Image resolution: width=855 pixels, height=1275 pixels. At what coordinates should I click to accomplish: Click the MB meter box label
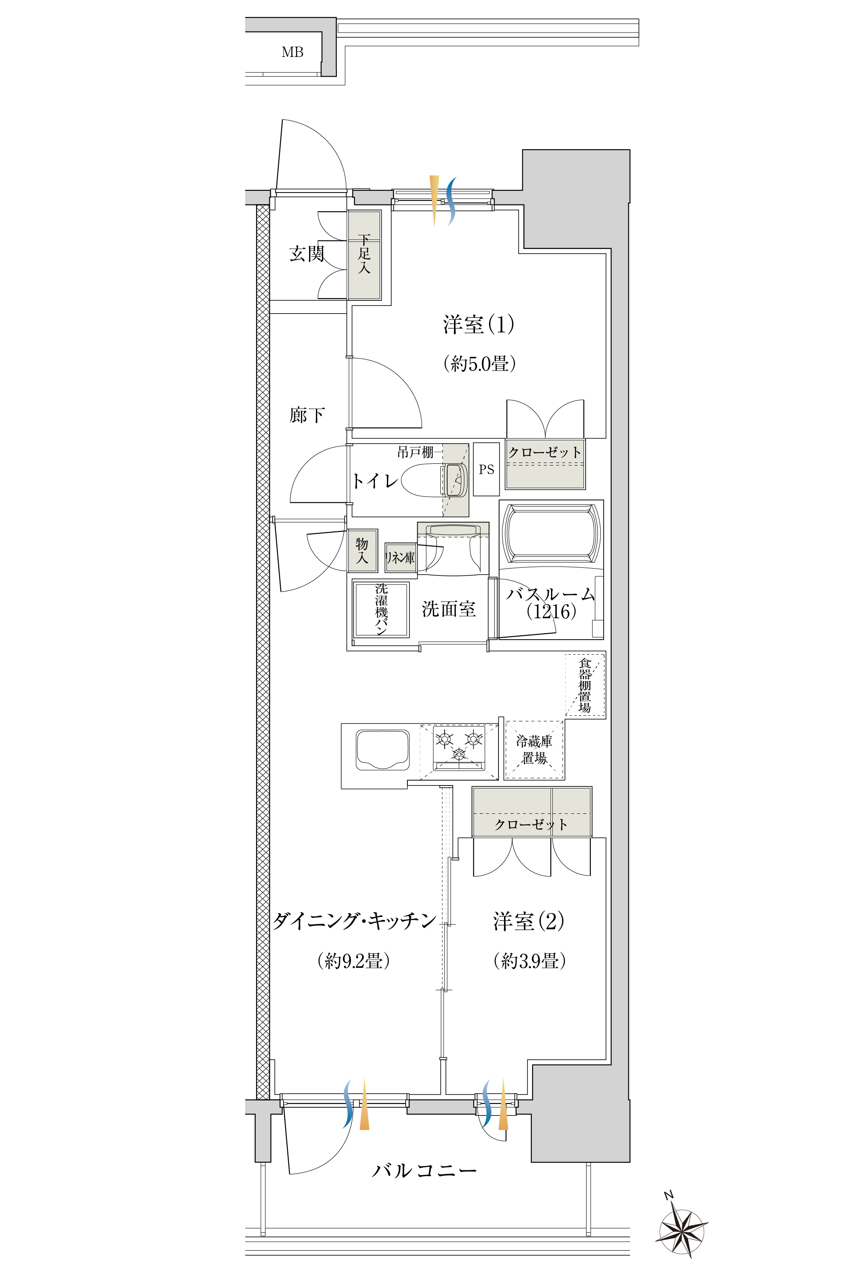[x=292, y=52]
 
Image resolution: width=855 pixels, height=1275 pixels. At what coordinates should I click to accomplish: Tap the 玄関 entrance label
[x=307, y=254]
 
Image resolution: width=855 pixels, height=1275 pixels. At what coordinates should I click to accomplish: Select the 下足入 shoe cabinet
[x=364, y=255]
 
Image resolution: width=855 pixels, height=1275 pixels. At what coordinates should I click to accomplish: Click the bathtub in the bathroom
[x=551, y=533]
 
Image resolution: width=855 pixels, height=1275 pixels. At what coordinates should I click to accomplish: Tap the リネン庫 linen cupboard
[x=400, y=557]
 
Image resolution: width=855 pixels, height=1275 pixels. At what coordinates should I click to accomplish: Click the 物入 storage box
[x=363, y=551]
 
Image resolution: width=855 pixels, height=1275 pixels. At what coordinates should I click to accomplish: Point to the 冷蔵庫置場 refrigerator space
[x=534, y=750]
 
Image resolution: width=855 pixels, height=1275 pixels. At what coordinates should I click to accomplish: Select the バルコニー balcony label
[x=424, y=1171]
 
